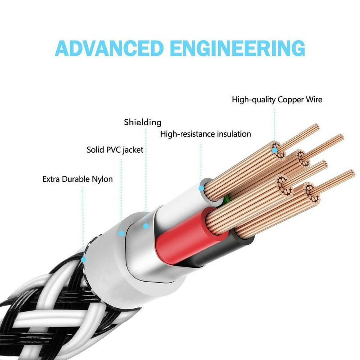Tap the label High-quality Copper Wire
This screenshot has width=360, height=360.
pos(277,100)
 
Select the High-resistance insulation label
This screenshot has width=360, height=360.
pos(205,134)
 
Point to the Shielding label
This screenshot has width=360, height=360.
pos(142,122)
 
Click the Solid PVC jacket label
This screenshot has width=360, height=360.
pos(115,150)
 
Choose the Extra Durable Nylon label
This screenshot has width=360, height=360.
pos(77,179)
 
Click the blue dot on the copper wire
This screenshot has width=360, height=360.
pos(274,151)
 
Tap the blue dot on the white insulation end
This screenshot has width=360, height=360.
pos(201,187)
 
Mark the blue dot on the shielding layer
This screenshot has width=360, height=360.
pos(146,226)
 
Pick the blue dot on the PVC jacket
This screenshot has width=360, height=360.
pos(121,233)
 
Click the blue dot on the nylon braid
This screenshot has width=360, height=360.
pos(83,259)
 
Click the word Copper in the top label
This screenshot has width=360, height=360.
pos(291,100)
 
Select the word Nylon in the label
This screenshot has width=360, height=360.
pos(102,179)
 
